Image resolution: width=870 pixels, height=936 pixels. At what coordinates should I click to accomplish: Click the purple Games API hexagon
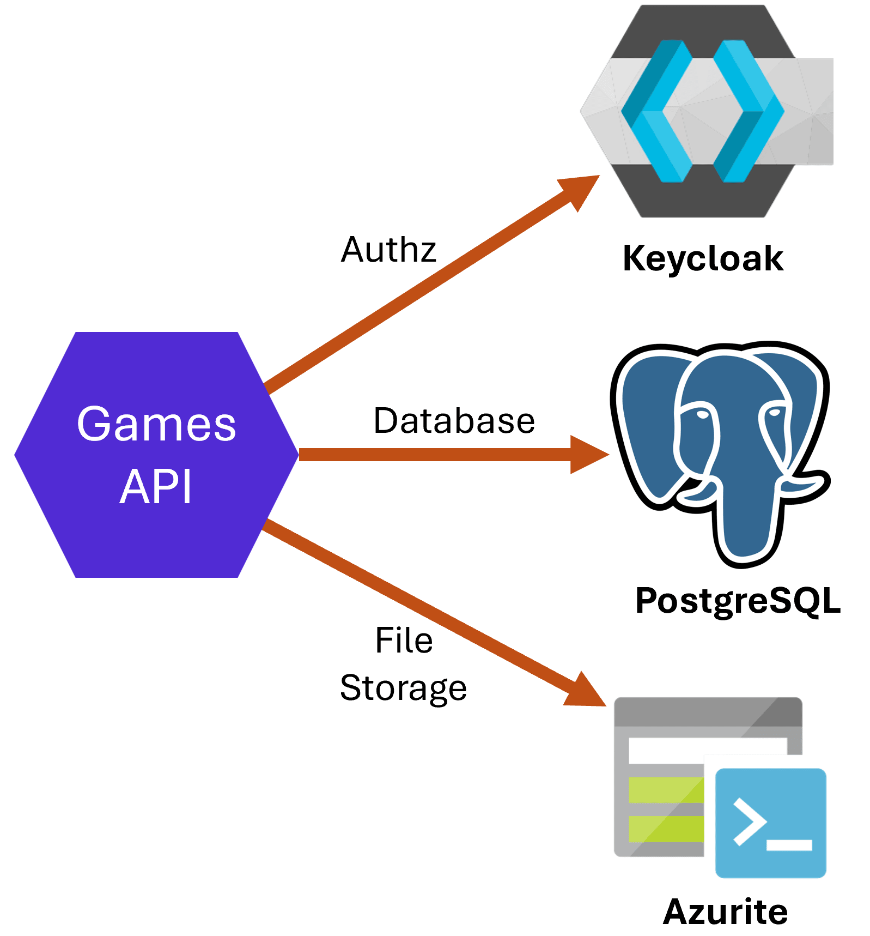coord(156,455)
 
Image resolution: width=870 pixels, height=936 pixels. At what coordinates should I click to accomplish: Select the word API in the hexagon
coord(156,486)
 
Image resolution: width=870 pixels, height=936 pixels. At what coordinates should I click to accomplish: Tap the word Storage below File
coord(403,688)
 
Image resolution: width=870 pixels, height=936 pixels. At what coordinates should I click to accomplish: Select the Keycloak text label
coord(703,258)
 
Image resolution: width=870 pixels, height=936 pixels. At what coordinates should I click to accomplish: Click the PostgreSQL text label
coord(738,601)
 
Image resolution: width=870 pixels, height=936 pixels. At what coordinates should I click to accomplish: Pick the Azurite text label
coord(725,911)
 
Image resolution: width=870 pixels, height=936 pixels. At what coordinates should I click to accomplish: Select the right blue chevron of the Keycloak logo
coord(749,111)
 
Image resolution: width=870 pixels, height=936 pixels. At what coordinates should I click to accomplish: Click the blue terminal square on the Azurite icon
coord(770,823)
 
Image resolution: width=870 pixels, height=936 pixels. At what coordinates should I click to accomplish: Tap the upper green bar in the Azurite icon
coord(666,790)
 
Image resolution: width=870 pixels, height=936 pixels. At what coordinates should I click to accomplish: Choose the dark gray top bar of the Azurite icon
coord(708,712)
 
